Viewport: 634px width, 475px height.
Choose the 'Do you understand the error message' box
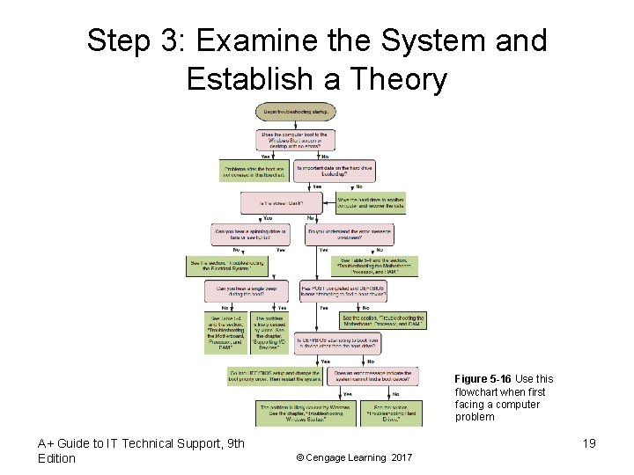coord(349,234)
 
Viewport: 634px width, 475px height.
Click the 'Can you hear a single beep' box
coord(246,290)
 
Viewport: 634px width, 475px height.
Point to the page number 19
coord(588,443)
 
